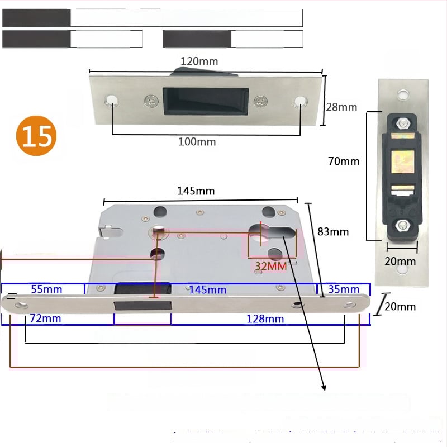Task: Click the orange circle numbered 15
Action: tap(36, 136)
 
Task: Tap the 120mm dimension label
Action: tap(199, 61)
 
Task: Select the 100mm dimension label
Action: tap(197, 142)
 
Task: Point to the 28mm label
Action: tap(341, 107)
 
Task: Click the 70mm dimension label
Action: tap(344, 161)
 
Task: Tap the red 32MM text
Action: tap(270, 266)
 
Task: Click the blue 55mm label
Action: tap(46, 289)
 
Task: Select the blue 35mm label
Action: tap(344, 289)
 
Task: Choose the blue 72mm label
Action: tap(45, 319)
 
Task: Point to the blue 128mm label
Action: tap(265, 319)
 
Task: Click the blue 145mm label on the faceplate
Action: tap(207, 289)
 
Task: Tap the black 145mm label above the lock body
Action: tap(196, 191)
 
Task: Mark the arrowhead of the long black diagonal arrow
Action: tap(324, 387)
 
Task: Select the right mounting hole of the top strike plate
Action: tap(301, 101)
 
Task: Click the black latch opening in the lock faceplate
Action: tap(142, 306)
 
